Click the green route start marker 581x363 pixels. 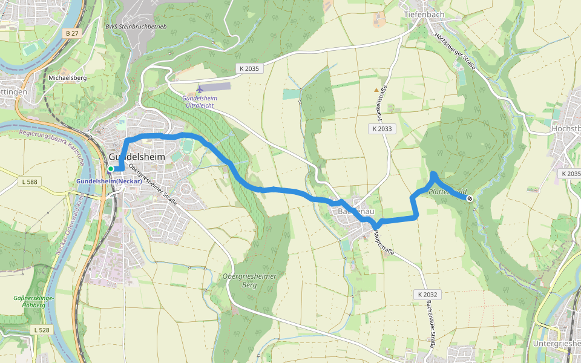pos(111,169)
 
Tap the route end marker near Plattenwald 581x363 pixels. pos(469,198)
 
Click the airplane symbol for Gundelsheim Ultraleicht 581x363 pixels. pos(200,89)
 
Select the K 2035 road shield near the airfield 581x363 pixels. pos(248,69)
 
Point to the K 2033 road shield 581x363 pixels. pos(382,128)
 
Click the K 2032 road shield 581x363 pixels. pos(427,295)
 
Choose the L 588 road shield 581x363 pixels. pos(29,181)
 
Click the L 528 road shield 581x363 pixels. pos(41,330)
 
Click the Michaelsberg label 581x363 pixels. pos(68,78)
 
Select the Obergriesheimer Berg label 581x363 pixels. pos(249,281)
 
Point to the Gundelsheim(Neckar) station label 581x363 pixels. pos(109,181)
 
